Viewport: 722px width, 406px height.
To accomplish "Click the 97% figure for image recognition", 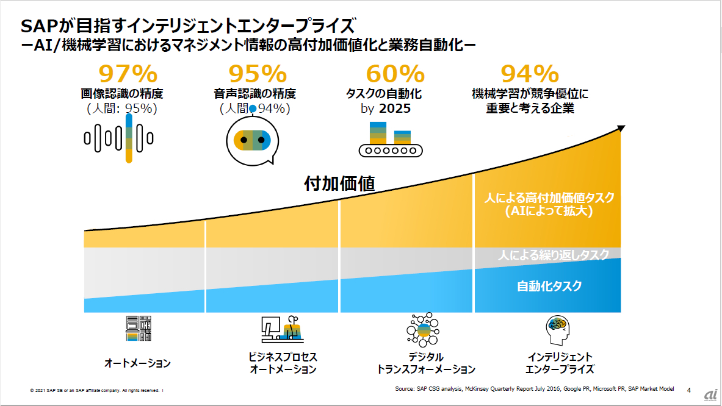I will (128, 74).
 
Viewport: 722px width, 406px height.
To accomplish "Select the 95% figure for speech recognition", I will (258, 74).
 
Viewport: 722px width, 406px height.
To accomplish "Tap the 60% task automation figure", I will (395, 74).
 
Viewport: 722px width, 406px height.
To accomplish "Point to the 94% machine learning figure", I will (530, 74).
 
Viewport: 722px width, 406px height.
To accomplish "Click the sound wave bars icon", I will (118, 138).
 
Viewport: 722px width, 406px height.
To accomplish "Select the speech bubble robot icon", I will (252, 141).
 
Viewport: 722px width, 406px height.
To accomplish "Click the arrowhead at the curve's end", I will (621, 128).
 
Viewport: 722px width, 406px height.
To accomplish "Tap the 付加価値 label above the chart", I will (339, 183).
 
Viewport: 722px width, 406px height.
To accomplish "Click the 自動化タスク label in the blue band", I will (549, 286).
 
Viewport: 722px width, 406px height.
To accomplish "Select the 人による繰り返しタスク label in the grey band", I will (553, 255).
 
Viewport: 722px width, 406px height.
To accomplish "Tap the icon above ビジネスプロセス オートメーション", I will (282, 330).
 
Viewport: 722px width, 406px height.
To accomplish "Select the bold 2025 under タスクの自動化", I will (395, 109).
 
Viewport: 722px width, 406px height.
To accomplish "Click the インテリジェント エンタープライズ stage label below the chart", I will (560, 363).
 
